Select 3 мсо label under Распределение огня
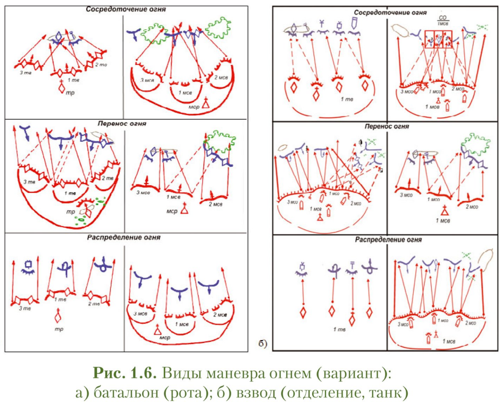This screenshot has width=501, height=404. [x=403, y=324]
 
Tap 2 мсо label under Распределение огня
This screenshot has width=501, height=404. [x=471, y=323]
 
